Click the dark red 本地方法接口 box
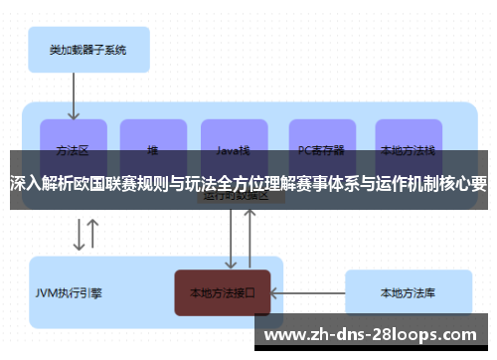[x=223, y=293]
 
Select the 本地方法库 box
[x=407, y=293]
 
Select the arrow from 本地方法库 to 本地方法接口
[x=308, y=293]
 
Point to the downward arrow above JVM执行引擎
[x=77, y=234]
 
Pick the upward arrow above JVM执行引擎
[x=93, y=234]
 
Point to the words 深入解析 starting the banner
[x=43, y=183]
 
